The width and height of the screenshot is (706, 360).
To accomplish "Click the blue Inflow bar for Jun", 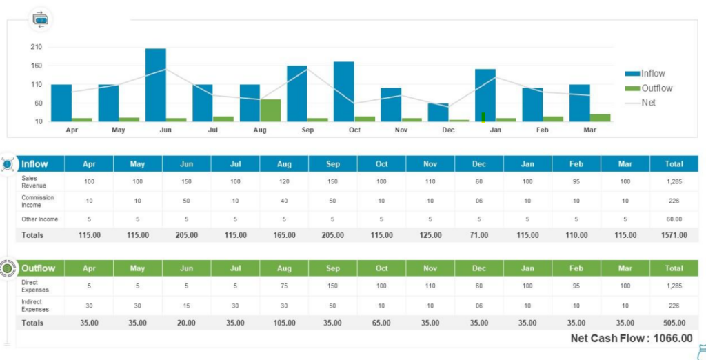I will (x=156, y=85).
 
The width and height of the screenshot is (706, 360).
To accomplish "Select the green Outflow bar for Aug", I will (x=270, y=110).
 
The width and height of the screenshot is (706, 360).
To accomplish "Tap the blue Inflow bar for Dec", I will (x=438, y=112).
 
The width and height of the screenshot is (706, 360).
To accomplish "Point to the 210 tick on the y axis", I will (x=36, y=47).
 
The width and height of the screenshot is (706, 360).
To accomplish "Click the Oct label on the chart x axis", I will (x=354, y=130).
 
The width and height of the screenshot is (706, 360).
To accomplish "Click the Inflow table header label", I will (x=35, y=164).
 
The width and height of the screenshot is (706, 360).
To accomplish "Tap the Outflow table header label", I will (x=38, y=268).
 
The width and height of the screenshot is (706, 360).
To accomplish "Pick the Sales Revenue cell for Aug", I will (x=284, y=181).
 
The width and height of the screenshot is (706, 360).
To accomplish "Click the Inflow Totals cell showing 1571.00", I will (x=674, y=235).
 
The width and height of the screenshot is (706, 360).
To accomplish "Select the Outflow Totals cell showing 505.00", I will (x=674, y=323).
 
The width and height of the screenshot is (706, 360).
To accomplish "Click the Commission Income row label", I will (x=37, y=201).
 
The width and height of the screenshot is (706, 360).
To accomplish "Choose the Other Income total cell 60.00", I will (x=674, y=219).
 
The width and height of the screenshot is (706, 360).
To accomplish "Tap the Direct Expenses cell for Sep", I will (x=332, y=286).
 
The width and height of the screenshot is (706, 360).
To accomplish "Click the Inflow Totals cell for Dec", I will (x=478, y=235).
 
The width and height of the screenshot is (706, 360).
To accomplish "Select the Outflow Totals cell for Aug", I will (x=284, y=323).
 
